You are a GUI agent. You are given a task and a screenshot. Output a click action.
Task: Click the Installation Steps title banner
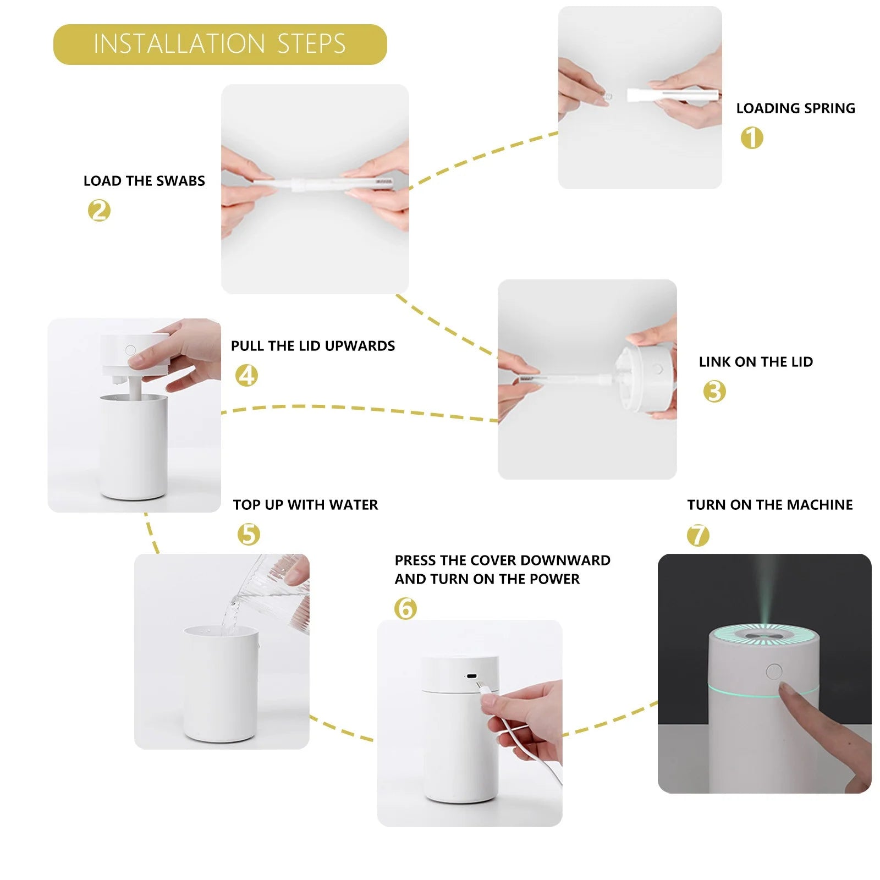coord(220,44)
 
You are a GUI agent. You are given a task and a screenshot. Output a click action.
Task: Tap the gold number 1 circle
coord(752,137)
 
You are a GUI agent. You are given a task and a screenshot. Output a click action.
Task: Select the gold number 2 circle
coord(99,211)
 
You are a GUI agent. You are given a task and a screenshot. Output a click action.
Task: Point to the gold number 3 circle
coord(714,392)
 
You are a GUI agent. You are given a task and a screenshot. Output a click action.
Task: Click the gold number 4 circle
coord(246,376)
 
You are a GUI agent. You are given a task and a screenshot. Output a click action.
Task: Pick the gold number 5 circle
coord(249,534)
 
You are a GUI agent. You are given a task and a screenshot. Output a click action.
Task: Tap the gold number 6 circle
coord(405,608)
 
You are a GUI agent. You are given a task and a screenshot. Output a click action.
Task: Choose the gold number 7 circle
coord(698,535)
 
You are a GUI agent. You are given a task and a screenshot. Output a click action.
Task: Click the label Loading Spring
coord(796,108)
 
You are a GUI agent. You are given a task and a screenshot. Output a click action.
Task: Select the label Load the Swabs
coord(144,181)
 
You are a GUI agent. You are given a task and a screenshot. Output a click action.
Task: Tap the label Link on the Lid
coord(756,362)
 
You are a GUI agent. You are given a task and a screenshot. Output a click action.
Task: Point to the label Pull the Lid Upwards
coord(313,346)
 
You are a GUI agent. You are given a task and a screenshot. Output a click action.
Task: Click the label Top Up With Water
coord(305,505)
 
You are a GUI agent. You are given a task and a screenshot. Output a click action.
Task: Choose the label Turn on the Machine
coord(770,505)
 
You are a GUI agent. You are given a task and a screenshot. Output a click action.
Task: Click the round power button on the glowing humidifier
coord(774,672)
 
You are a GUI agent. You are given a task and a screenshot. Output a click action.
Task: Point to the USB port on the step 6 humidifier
coord(471,676)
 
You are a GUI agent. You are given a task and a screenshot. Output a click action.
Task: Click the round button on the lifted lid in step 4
coord(130,350)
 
